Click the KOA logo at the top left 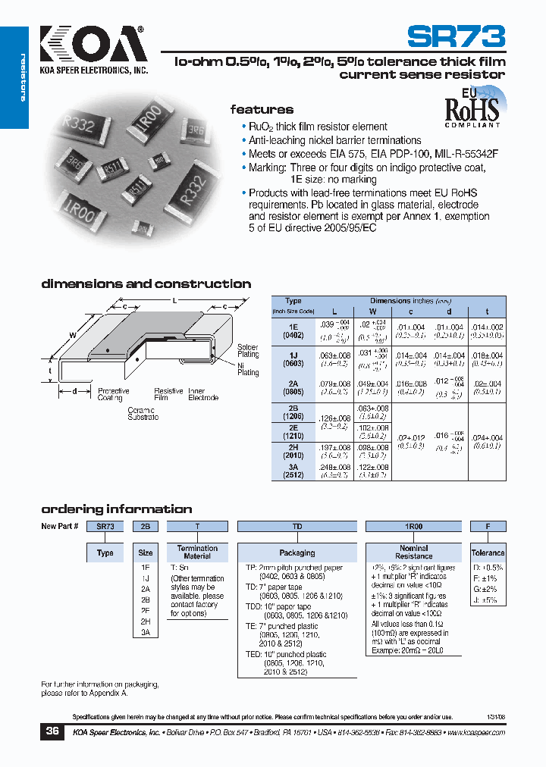coord(92,46)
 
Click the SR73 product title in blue coord(456,37)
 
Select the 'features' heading coord(262,110)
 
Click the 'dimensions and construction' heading coord(146,284)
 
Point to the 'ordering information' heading coord(116,509)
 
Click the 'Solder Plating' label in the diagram coord(248,350)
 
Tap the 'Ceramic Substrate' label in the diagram coord(143,414)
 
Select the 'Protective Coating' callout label coord(113,394)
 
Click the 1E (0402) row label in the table coord(293,330)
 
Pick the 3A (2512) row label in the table coord(293,472)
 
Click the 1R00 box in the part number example coord(413,526)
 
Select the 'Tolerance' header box coord(488,553)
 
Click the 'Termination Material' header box coord(197,553)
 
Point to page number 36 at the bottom coord(52,731)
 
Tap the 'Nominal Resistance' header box coord(413,553)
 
